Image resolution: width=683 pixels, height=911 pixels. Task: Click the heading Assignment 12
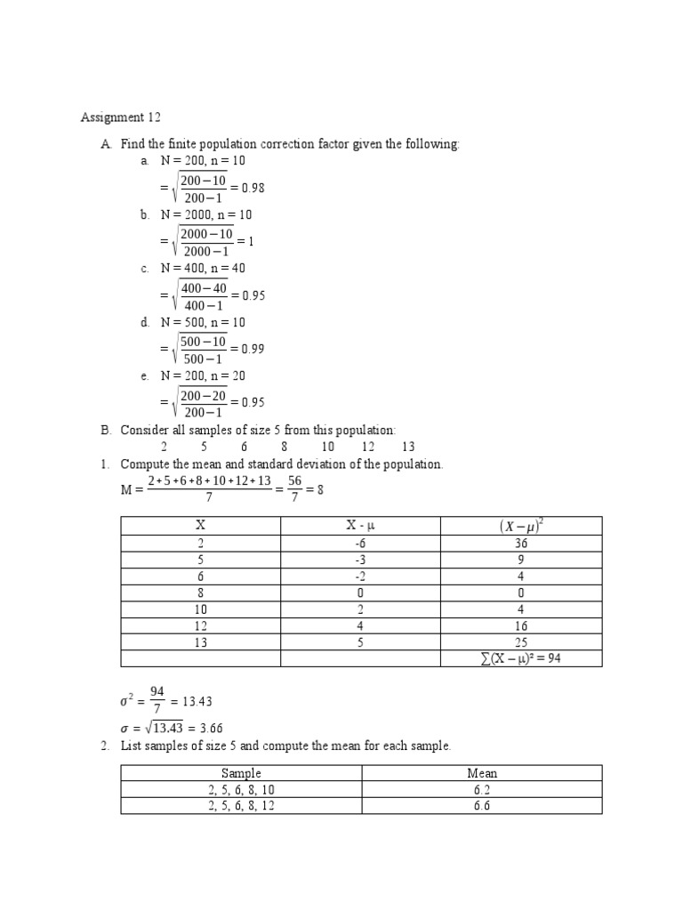coord(122,117)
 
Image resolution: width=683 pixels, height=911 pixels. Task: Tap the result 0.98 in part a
coord(253,188)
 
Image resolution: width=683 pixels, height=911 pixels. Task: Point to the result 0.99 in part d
coord(253,349)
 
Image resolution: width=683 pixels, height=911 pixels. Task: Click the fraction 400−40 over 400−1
coord(203,295)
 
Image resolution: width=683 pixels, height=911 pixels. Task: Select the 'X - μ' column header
coord(360,526)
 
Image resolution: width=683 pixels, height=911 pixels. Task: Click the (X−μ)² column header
coord(521,526)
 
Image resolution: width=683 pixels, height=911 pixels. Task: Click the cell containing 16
coord(521,625)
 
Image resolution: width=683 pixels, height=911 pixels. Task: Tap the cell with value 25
coord(521,641)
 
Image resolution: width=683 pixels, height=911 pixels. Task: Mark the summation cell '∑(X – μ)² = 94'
coord(521,658)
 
